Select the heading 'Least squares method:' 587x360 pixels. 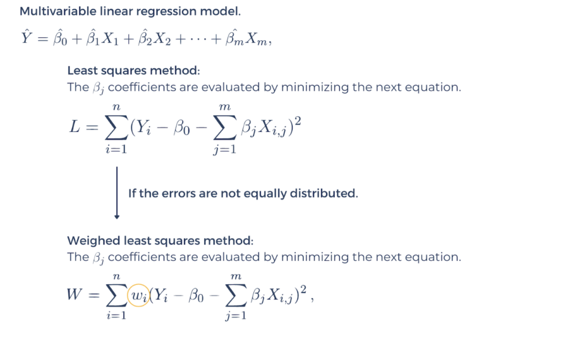tap(134, 71)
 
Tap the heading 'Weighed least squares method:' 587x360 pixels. tap(160, 240)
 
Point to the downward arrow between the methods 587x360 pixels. tap(117, 193)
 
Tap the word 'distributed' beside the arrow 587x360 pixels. tap(327, 193)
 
